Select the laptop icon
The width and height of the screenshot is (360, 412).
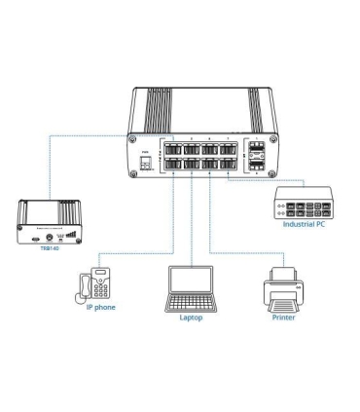point(192,289)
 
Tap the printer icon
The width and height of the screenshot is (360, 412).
point(284,288)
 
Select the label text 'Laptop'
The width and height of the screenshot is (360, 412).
point(192,318)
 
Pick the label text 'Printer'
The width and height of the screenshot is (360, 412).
point(284,318)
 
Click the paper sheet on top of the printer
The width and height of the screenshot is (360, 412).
point(284,273)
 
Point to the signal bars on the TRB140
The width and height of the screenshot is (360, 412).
point(69,235)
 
